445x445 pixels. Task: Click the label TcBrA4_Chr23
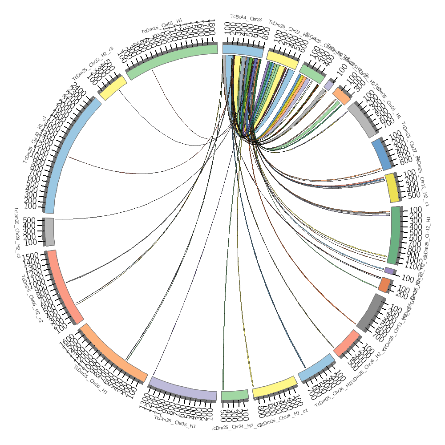click(x=246, y=19)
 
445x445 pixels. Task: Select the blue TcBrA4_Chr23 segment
click(x=243, y=50)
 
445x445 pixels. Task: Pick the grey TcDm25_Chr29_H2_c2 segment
click(x=49, y=231)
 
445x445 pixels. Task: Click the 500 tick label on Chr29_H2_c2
click(x=29, y=220)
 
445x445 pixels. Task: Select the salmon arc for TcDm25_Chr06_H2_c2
click(x=63, y=287)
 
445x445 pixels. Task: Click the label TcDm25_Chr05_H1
click(x=175, y=422)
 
